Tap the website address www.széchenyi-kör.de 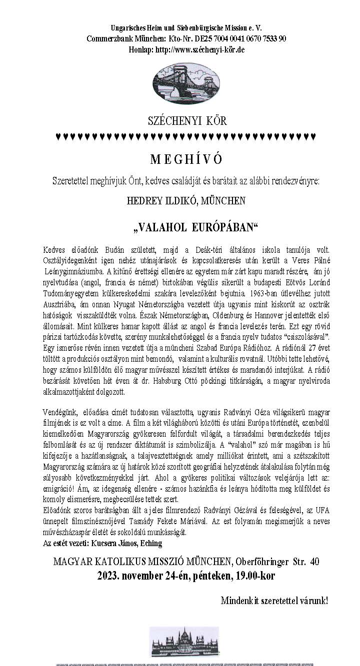[199, 49]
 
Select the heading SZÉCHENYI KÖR [187, 120]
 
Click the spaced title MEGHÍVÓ [186, 159]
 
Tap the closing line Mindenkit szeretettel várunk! [274, 601]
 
